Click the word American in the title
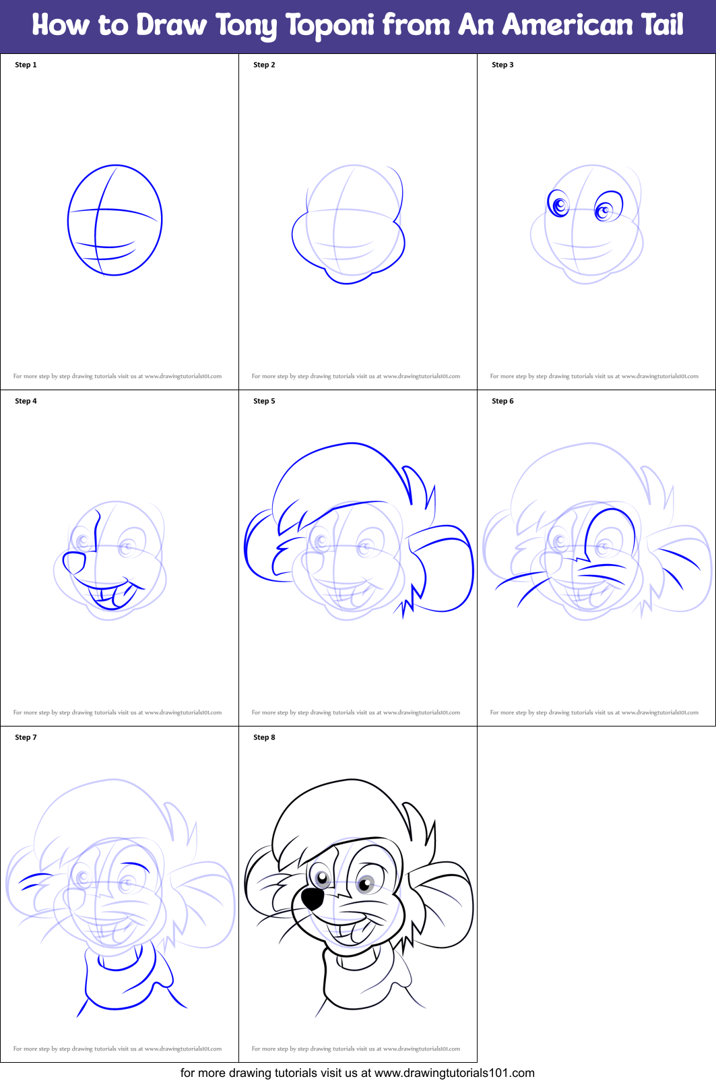[568, 26]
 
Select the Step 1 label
[26, 65]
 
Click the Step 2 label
[264, 65]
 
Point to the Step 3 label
[502, 65]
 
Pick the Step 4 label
[26, 401]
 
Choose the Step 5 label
[264, 401]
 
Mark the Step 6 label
[502, 401]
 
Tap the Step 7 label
[26, 737]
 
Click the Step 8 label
[264, 737]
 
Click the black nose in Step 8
[311, 898]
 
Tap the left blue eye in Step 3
[558, 204]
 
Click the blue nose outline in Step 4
[73, 562]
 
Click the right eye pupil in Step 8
[366, 884]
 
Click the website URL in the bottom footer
[454, 1073]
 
